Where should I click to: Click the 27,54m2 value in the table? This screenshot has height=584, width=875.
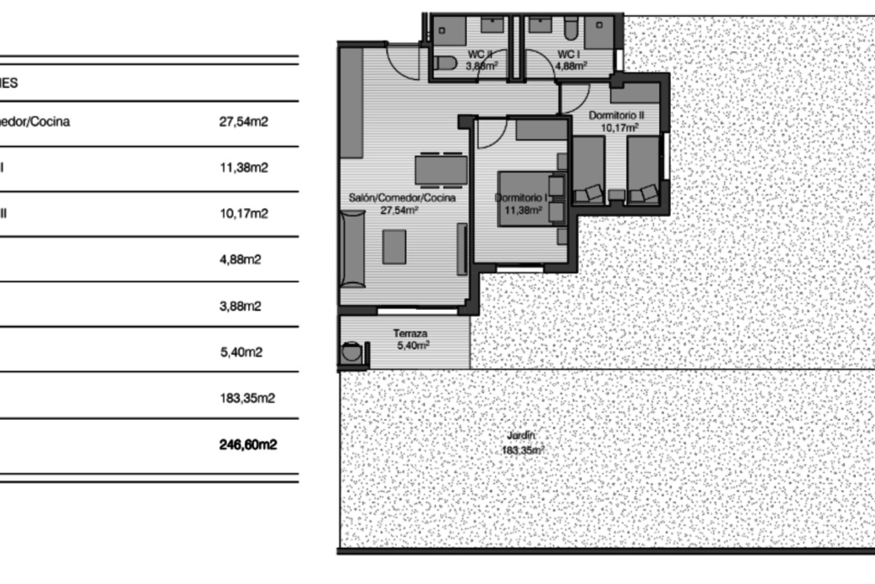pyautogui.click(x=243, y=122)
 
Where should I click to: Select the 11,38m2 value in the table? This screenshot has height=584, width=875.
pyautogui.click(x=244, y=167)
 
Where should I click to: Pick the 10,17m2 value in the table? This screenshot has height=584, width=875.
pyautogui.click(x=244, y=213)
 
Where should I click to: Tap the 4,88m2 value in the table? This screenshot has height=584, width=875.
pyautogui.click(x=240, y=259)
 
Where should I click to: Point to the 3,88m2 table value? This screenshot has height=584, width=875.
pyautogui.click(x=240, y=306)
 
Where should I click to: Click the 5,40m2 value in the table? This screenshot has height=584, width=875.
pyautogui.click(x=241, y=352)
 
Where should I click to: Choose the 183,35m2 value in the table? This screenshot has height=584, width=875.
pyautogui.click(x=247, y=398)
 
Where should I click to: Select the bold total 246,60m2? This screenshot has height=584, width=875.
pyautogui.click(x=248, y=444)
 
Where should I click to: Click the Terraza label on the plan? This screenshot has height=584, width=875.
pyautogui.click(x=410, y=334)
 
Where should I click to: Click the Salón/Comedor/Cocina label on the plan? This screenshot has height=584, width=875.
pyautogui.click(x=402, y=198)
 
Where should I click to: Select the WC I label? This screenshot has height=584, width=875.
pyautogui.click(x=568, y=55)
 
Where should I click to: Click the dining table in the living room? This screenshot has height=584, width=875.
pyautogui.click(x=441, y=170)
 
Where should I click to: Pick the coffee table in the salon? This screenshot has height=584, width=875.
pyautogui.click(x=394, y=247)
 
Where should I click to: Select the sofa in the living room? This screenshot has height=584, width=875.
pyautogui.click(x=353, y=248)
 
